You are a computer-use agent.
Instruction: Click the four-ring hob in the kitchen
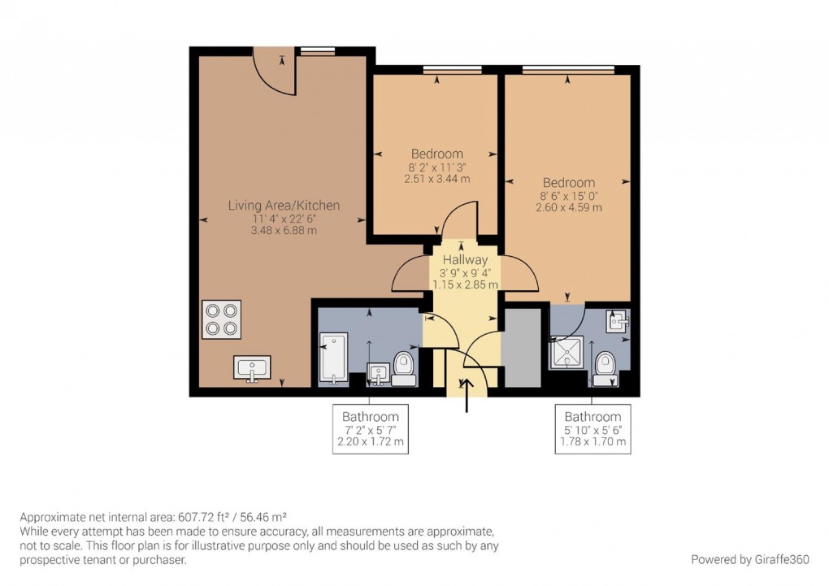click(x=221, y=319)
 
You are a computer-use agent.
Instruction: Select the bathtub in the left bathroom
click(x=333, y=358)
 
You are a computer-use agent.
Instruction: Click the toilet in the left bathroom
click(x=404, y=365)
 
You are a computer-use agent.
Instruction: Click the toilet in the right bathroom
click(x=605, y=367)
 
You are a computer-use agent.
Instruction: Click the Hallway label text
click(x=465, y=260)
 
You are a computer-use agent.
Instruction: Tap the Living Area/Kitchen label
click(x=284, y=206)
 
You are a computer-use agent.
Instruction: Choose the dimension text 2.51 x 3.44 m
click(x=436, y=179)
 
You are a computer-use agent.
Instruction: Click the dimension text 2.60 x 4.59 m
click(x=568, y=207)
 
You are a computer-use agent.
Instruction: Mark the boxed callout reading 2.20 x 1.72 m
click(x=370, y=443)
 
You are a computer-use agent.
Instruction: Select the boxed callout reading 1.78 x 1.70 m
click(x=592, y=443)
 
